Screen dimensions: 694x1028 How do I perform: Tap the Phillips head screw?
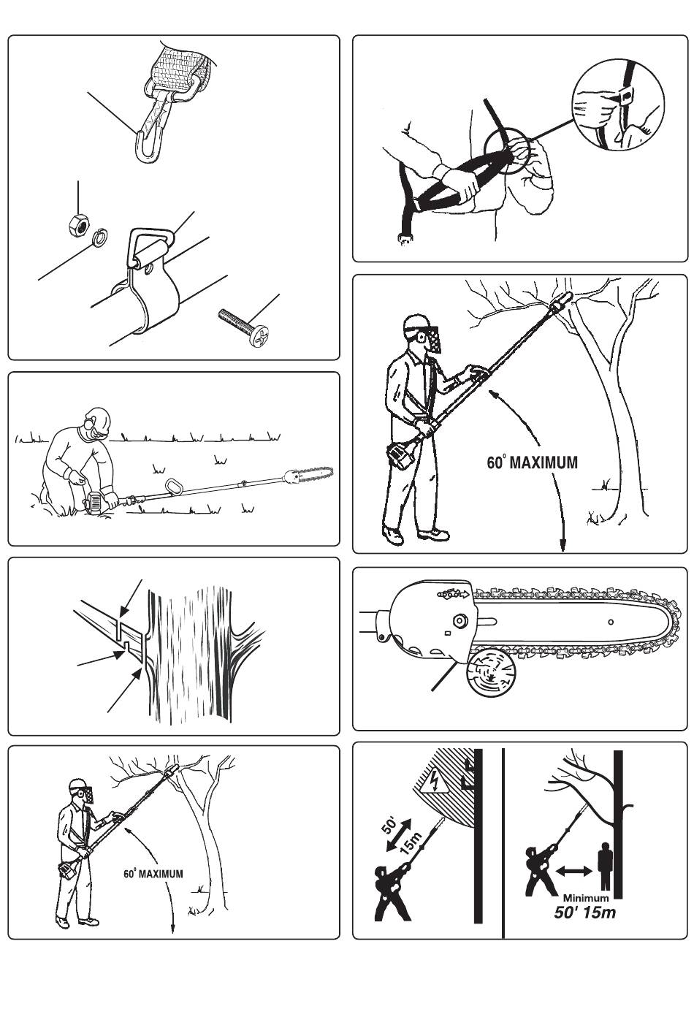tap(243, 327)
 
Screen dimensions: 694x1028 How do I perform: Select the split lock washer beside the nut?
tap(99, 237)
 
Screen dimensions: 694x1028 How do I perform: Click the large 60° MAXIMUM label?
tap(533, 462)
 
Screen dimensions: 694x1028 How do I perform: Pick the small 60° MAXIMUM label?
tap(153, 874)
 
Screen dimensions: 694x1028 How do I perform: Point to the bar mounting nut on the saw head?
tap(459, 621)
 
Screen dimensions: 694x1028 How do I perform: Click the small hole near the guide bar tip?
tap(611, 622)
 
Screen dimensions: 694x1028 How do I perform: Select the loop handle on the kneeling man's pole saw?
tap(175, 485)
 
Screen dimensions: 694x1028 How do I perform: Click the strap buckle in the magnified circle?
tap(625, 96)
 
